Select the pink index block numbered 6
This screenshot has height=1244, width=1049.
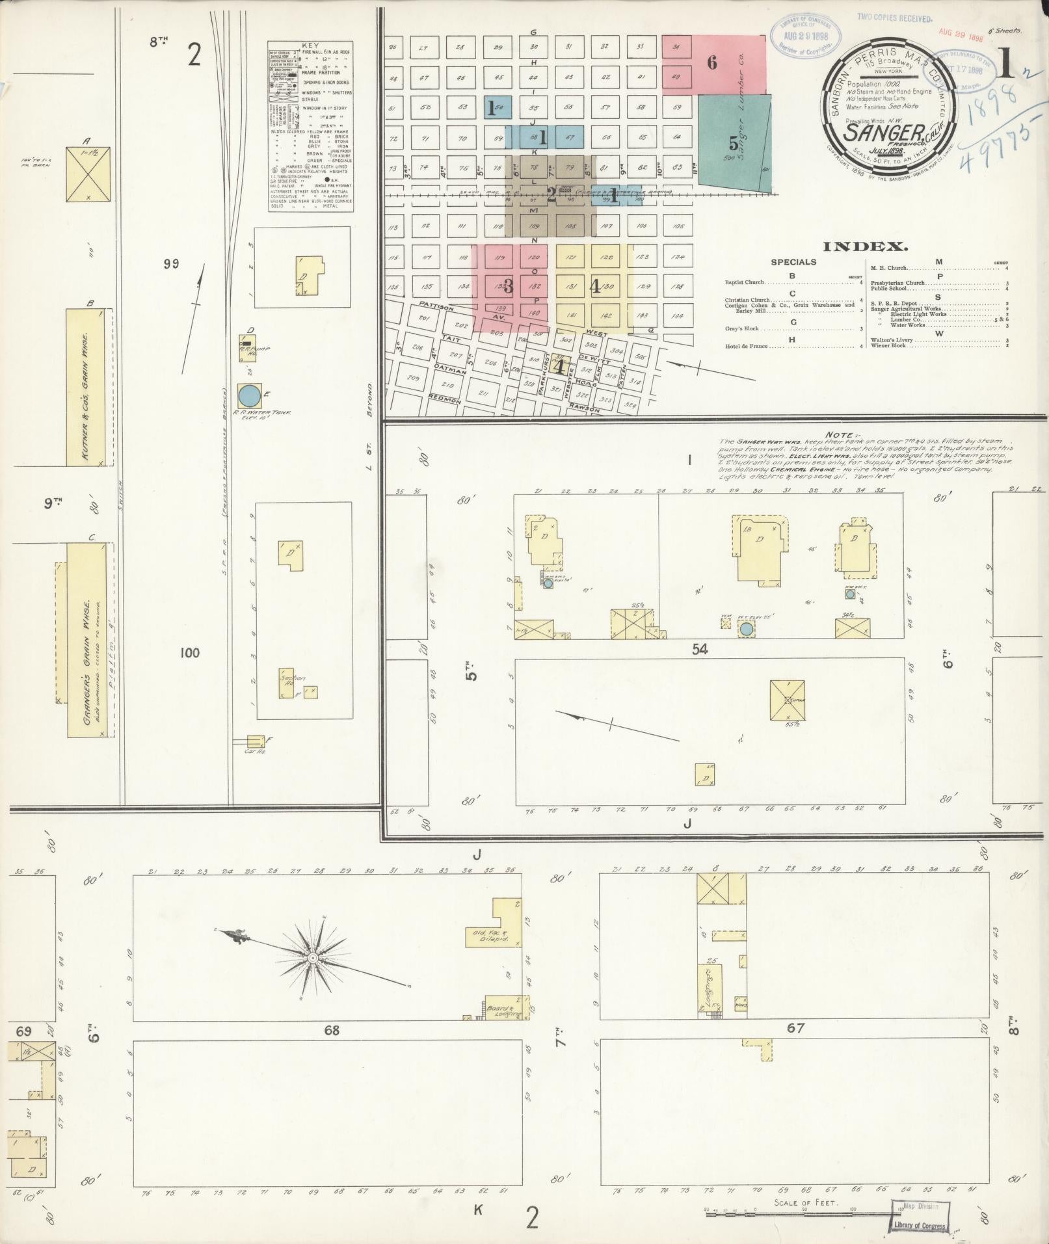point(713,63)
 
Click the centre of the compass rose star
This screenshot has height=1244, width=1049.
point(313,958)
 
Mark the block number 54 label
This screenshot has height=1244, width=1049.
point(700,649)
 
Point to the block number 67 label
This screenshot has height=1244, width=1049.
point(795,1028)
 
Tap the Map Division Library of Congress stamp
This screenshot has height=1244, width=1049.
point(918,1215)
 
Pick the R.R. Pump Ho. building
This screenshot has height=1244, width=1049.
point(246,342)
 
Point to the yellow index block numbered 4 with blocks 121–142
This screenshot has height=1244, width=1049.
point(594,287)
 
